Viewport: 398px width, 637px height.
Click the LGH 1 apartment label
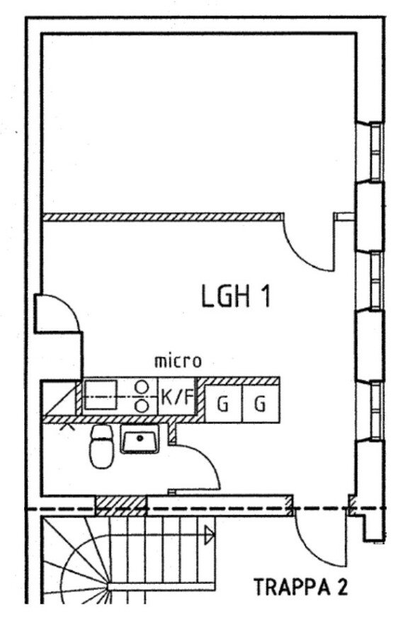(236, 296)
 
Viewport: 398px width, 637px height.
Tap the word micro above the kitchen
(178, 361)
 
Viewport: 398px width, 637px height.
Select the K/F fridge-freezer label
(177, 396)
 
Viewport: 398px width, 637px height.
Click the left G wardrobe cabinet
(223, 403)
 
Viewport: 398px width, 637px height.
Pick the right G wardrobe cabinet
(261, 403)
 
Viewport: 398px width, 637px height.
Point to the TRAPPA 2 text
(301, 587)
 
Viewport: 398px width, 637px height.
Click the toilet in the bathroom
(101, 446)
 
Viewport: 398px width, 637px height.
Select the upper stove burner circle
(142, 386)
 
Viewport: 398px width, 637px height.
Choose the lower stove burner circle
(142, 405)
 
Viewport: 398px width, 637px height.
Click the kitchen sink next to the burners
(101, 396)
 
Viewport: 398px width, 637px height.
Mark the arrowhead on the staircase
(210, 536)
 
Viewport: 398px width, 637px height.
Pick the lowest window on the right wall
(375, 411)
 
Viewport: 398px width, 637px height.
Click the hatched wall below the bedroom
(163, 217)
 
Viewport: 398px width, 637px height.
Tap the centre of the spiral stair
(108, 586)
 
